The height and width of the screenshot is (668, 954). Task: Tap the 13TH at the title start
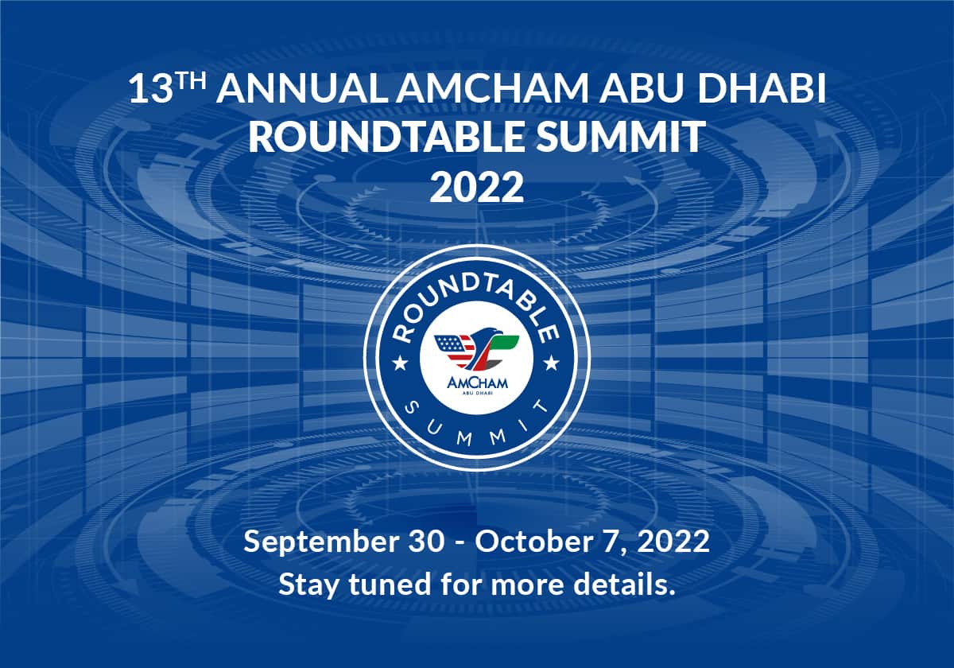[x=168, y=88]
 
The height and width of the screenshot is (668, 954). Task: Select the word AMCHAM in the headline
[x=494, y=89]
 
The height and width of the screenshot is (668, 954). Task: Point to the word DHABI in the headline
[x=762, y=89]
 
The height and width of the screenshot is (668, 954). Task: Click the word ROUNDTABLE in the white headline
[x=386, y=137]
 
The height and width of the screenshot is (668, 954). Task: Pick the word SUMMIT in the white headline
[x=618, y=137]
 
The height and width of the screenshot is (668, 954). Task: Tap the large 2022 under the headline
[x=476, y=188]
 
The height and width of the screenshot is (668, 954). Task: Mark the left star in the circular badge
[x=399, y=363]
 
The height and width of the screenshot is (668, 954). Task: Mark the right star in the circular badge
[x=552, y=363]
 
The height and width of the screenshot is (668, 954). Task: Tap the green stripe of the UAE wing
[x=506, y=341]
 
